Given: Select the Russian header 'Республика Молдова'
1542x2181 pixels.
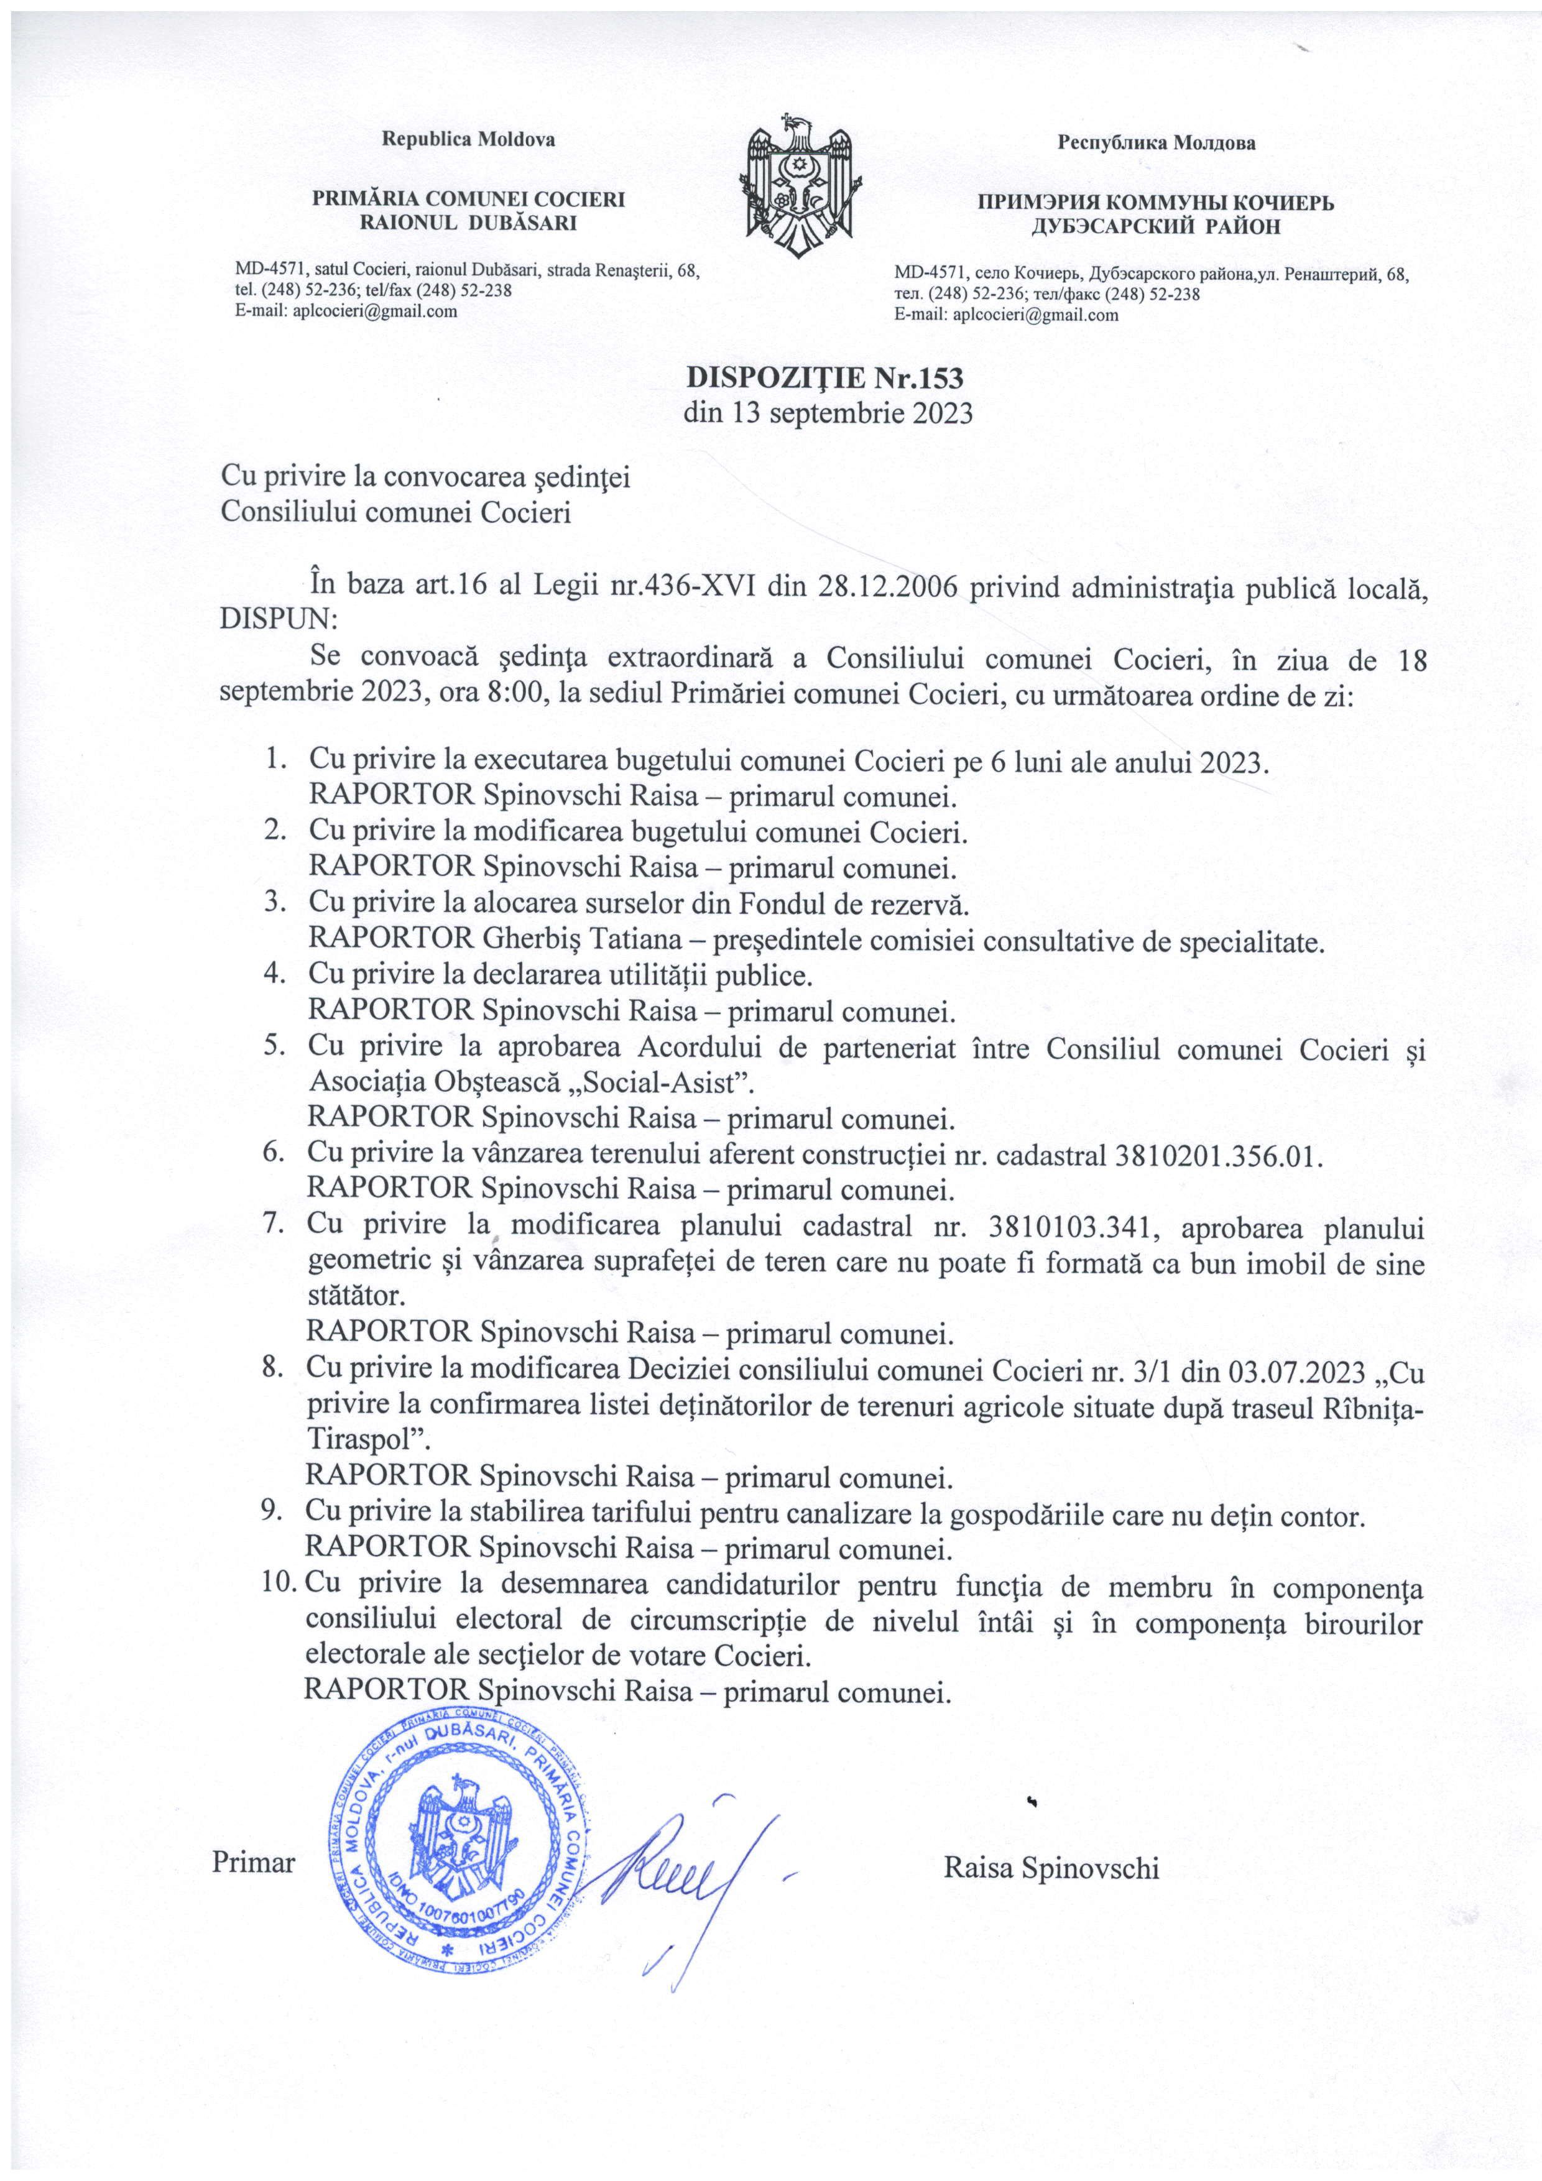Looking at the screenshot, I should point(1156,144).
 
